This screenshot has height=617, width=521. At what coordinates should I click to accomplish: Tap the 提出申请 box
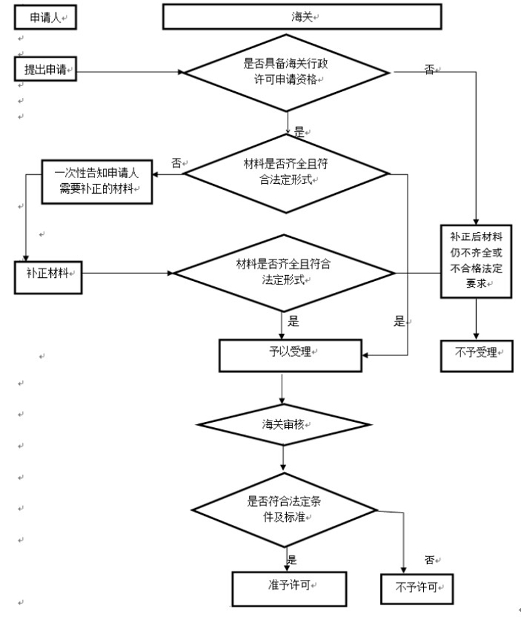coord(45,69)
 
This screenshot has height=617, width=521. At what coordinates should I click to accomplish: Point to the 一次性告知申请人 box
coord(98,181)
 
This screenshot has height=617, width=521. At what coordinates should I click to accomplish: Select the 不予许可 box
coord(416,588)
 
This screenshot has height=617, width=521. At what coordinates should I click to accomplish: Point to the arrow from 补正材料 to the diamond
coord(127,273)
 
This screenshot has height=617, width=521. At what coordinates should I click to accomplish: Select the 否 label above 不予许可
coord(430,560)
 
